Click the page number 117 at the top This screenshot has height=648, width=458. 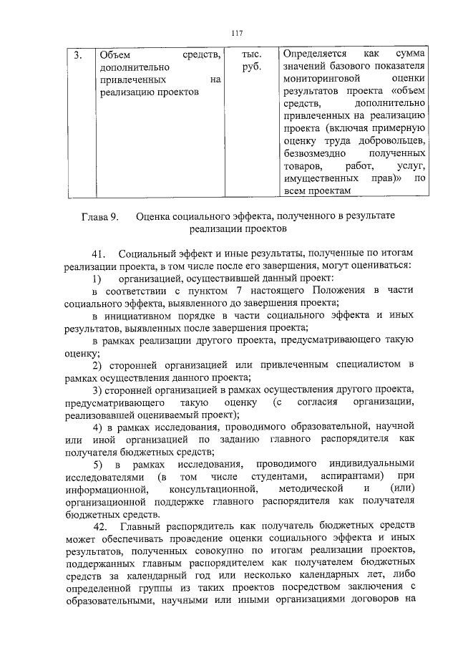238,32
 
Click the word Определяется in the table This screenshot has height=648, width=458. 315,54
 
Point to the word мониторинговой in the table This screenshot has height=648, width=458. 319,79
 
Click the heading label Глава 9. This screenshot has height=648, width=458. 97,216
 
